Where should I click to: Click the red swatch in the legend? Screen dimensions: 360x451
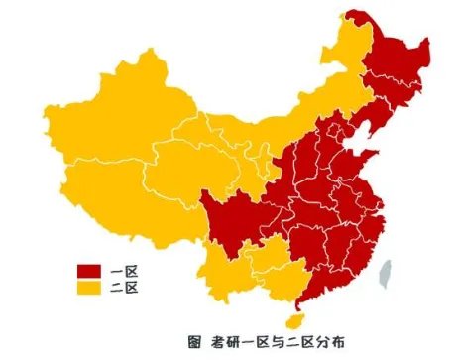91,271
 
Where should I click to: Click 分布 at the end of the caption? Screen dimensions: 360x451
332,343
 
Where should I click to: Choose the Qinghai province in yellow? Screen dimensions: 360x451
188,164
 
